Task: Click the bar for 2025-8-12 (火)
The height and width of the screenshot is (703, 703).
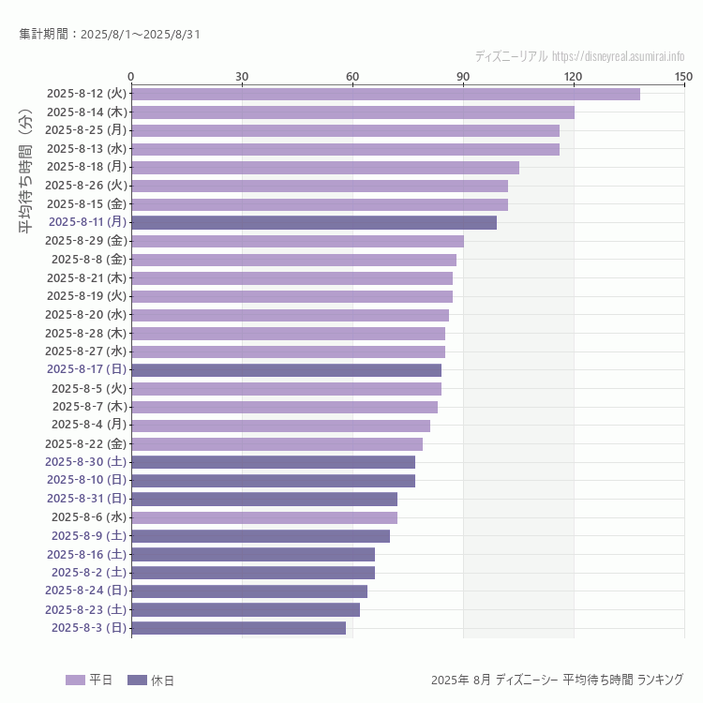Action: [385, 94]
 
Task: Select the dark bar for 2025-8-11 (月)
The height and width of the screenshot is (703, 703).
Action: [314, 222]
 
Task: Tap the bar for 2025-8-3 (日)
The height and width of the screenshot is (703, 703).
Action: [238, 628]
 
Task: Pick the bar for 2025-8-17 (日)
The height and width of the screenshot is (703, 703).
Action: [286, 370]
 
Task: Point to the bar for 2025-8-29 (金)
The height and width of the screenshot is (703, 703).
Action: [297, 241]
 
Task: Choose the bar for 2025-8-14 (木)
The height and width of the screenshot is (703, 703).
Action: [352, 112]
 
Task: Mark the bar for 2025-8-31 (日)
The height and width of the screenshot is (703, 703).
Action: [264, 499]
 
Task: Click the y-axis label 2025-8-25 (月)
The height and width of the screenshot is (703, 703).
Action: [85, 130]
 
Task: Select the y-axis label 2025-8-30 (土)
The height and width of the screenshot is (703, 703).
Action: [85, 462]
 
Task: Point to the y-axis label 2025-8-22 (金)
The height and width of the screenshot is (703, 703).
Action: [85, 443]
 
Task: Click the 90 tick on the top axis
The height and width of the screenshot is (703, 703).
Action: [463, 76]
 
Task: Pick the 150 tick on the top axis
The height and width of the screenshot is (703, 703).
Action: [683, 76]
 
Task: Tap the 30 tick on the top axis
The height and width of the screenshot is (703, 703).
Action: [242, 76]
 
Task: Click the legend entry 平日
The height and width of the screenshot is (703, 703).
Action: [89, 681]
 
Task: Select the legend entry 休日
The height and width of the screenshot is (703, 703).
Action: [150, 681]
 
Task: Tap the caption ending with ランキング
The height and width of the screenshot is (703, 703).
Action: [557, 680]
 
